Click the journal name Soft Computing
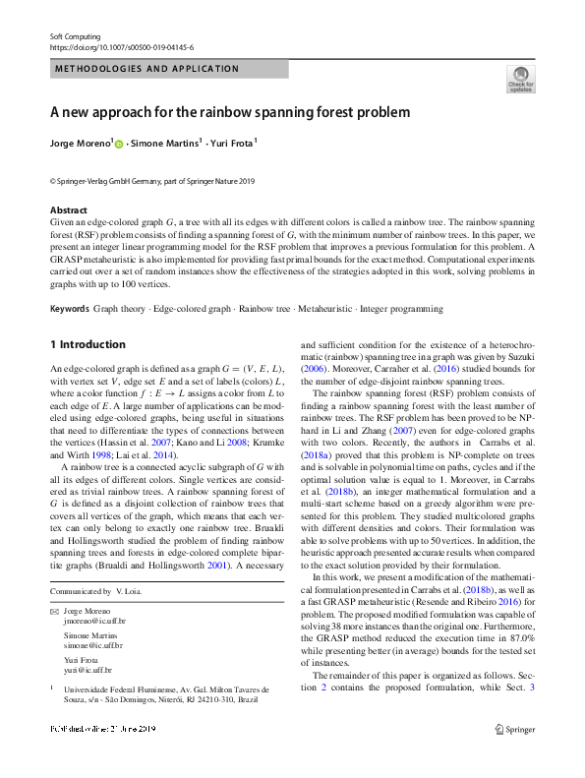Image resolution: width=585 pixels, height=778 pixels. click(x=75, y=36)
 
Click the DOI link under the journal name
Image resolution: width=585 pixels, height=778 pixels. click(x=121, y=46)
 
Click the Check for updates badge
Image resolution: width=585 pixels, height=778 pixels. click(x=519, y=80)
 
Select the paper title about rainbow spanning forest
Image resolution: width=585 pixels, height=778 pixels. click(x=230, y=112)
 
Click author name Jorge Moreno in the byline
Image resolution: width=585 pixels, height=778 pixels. click(x=80, y=144)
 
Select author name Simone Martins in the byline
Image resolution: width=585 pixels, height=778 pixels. click(x=167, y=144)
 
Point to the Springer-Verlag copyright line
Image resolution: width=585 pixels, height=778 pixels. click(x=151, y=181)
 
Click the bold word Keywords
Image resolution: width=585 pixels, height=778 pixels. click(x=69, y=309)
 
